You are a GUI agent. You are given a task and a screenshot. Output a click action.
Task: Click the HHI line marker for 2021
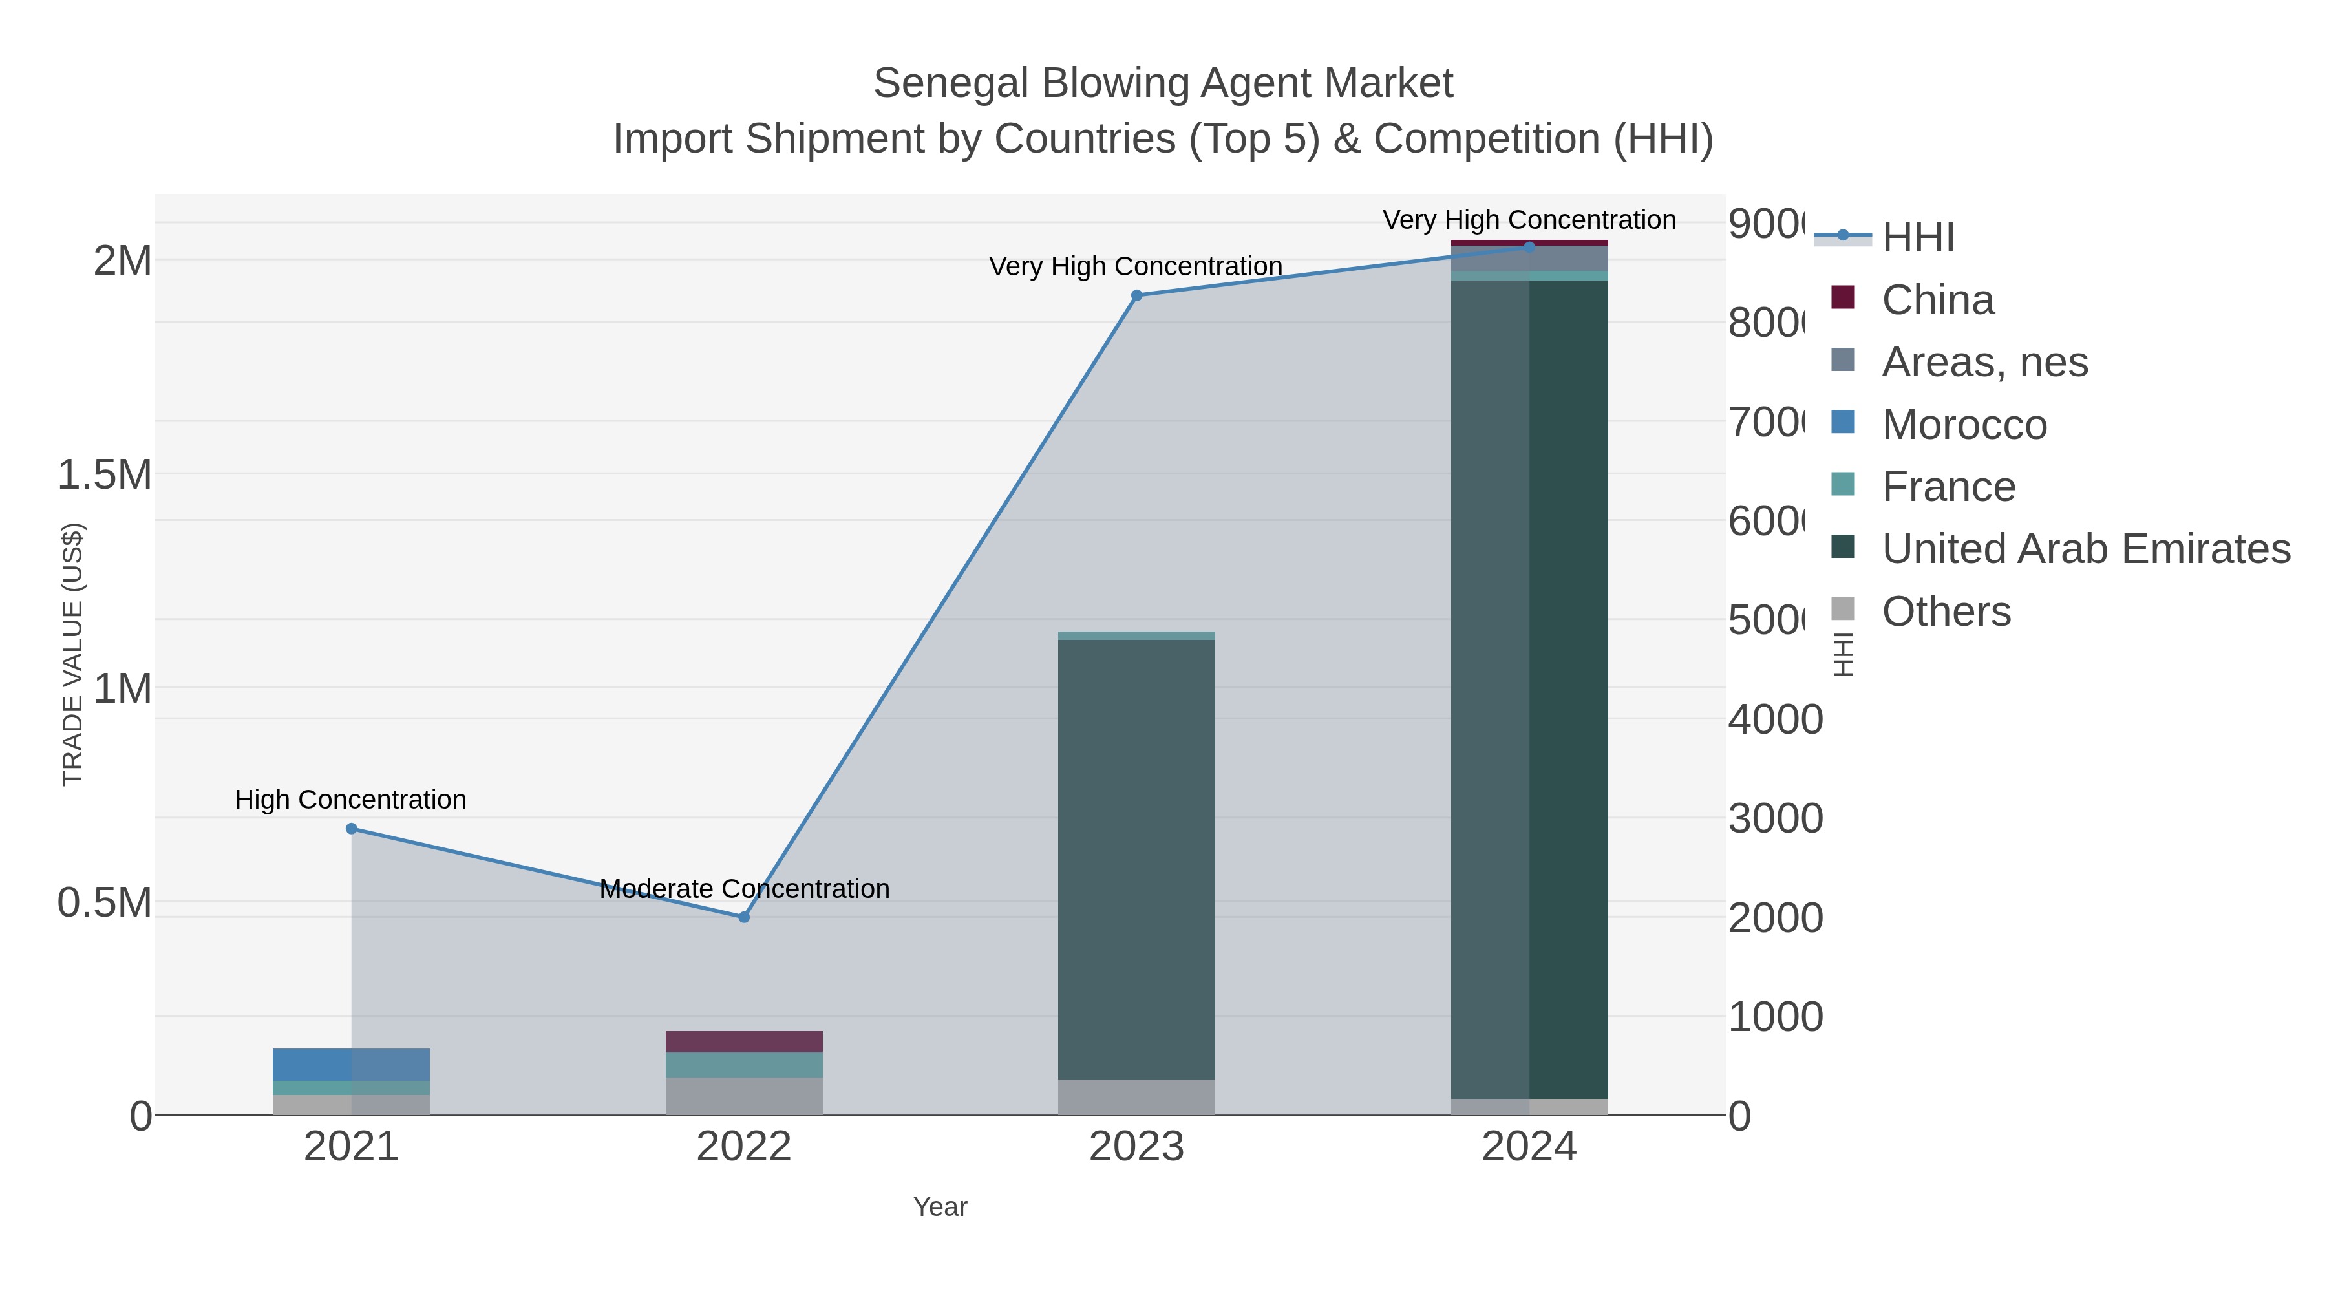352,829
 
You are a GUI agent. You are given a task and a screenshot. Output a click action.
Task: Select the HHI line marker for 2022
745,917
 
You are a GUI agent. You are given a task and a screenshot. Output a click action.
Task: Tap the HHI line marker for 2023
1136,295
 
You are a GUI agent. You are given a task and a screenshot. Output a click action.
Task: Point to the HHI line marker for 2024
1529,247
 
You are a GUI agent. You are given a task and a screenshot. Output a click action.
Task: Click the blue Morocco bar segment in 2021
352,1064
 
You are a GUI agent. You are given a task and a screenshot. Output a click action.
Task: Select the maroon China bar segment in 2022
745,1041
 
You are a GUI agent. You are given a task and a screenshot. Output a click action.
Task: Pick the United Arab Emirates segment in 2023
1136,858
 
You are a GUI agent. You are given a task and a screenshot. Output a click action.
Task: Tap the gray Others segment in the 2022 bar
745,1095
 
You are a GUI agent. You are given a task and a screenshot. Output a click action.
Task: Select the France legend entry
1948,487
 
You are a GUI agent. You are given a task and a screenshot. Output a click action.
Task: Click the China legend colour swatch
1843,298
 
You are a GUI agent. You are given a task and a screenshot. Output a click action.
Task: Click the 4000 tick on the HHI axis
1775,720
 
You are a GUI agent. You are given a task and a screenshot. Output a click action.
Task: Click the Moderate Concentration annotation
745,889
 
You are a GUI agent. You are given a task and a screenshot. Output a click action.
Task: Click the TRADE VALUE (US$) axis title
72,654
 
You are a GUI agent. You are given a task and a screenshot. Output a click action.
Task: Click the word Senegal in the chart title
951,83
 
